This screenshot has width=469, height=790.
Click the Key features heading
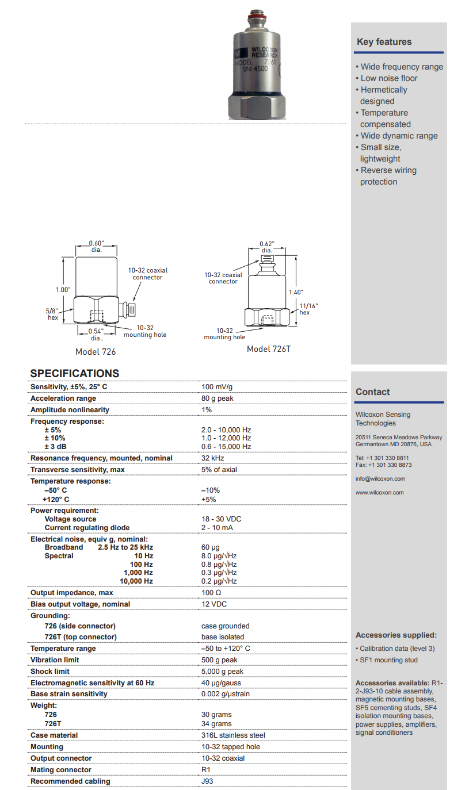pos(384,41)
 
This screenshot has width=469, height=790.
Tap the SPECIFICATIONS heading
pos(75,374)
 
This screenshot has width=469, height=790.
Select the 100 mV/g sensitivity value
pos(218,387)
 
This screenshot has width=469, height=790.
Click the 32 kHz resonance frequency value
pos(212,458)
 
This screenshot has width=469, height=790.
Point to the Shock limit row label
pos(51,672)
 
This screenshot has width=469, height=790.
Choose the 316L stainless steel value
pos(233,735)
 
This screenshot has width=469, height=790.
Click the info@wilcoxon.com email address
pos(380,479)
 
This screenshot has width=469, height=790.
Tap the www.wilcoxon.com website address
pos(379,493)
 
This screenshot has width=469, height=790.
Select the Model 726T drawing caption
pos(268,349)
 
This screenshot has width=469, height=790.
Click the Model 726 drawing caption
pos(96,351)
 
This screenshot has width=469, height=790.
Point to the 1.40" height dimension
pos(295,292)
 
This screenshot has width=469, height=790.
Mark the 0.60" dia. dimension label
pos(96,246)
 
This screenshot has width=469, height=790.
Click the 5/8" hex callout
pos(53,314)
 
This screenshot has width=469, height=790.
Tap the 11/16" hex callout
pos(308,309)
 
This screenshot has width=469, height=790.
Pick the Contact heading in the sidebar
pos(372,392)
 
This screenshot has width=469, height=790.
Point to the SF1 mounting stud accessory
pos(388,660)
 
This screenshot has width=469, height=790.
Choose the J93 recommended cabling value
pos(207,781)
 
